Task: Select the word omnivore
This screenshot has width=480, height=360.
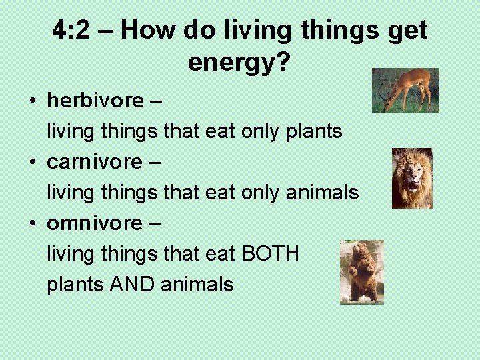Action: point(94,223)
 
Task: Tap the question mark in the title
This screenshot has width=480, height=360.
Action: point(283,62)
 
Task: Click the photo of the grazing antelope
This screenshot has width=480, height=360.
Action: point(405,90)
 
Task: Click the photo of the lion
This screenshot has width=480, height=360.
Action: point(412,178)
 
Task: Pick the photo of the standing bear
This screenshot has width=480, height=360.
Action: point(361,272)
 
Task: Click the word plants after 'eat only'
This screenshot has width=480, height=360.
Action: point(313,132)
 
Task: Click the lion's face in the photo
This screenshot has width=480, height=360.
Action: point(413,175)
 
